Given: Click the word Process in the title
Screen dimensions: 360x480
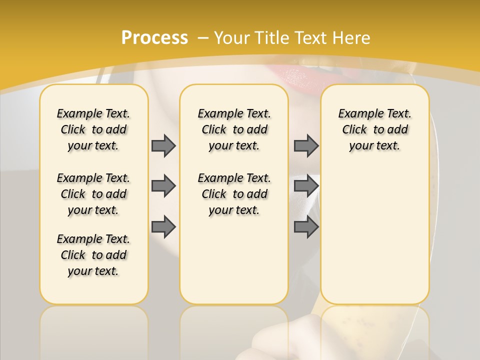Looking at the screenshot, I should pyautogui.click(x=154, y=38).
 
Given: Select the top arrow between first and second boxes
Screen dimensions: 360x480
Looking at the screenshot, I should pyautogui.click(x=163, y=145).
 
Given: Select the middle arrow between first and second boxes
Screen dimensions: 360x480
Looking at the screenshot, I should pyautogui.click(x=163, y=186).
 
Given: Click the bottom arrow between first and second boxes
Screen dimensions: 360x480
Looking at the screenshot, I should pyautogui.click(x=163, y=226).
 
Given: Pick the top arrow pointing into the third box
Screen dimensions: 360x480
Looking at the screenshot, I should pyautogui.click(x=306, y=145).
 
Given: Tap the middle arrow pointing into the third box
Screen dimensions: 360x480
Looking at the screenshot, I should pyautogui.click(x=306, y=186).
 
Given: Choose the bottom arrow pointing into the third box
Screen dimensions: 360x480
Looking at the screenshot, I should pyautogui.click(x=306, y=226).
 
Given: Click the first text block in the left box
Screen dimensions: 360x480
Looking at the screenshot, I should pyautogui.click(x=93, y=129).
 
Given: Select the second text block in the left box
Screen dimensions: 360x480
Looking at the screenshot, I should pyautogui.click(x=93, y=194).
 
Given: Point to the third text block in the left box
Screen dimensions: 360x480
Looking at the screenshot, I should pyautogui.click(x=93, y=255).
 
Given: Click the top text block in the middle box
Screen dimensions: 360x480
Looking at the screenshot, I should pyautogui.click(x=234, y=129).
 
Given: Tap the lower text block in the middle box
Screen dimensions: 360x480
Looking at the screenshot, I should pyautogui.click(x=234, y=194).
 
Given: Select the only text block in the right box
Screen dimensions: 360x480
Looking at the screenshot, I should pyautogui.click(x=374, y=129).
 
